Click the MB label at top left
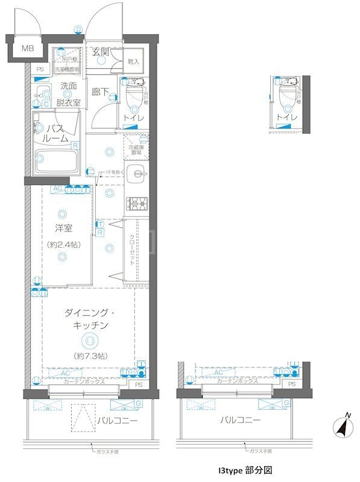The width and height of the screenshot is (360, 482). (x=28, y=48)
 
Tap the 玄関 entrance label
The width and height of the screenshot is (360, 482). (x=101, y=52)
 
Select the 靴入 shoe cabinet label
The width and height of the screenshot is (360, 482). (x=134, y=61)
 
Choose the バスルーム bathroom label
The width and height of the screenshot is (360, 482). (x=58, y=133)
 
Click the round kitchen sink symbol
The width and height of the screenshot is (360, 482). (x=138, y=175)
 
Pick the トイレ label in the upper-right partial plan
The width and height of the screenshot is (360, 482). (x=286, y=117)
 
